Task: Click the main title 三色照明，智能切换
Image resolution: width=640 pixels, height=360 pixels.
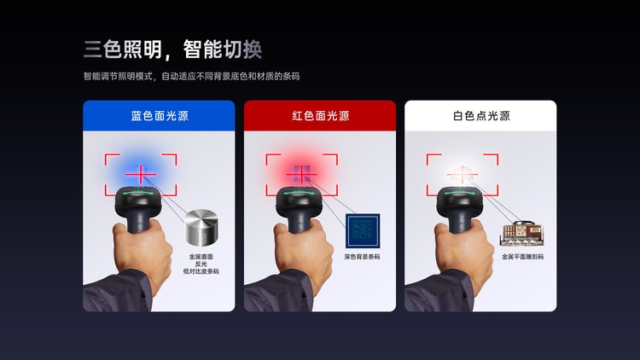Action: click(172, 49)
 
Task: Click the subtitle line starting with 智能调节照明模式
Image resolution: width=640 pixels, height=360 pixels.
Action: click(191, 76)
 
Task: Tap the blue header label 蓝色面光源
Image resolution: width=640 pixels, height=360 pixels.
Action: click(160, 116)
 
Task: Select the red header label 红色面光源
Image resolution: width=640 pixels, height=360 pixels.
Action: click(320, 116)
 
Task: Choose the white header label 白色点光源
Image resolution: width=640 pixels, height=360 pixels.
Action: click(481, 116)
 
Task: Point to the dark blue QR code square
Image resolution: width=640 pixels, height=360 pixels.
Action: click(363, 230)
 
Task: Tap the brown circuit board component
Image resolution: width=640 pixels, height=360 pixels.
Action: click(522, 234)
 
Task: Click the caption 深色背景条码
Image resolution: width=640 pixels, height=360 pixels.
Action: click(362, 257)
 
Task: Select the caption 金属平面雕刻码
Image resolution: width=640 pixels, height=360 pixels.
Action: click(522, 257)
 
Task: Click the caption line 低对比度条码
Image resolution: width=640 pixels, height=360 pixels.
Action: click(201, 271)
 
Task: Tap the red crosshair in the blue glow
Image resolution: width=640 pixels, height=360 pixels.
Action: click(141, 174)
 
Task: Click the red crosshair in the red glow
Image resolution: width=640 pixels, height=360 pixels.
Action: click(301, 174)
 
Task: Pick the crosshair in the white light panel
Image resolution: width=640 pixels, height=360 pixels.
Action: click(462, 174)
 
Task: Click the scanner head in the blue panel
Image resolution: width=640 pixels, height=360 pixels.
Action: click(139, 200)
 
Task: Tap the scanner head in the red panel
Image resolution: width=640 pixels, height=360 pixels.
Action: click(300, 200)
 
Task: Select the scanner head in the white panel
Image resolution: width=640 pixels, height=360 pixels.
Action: click(461, 200)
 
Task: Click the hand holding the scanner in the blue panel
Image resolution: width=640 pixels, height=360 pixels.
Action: click(142, 250)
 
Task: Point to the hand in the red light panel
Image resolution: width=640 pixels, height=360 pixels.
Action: click(303, 250)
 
